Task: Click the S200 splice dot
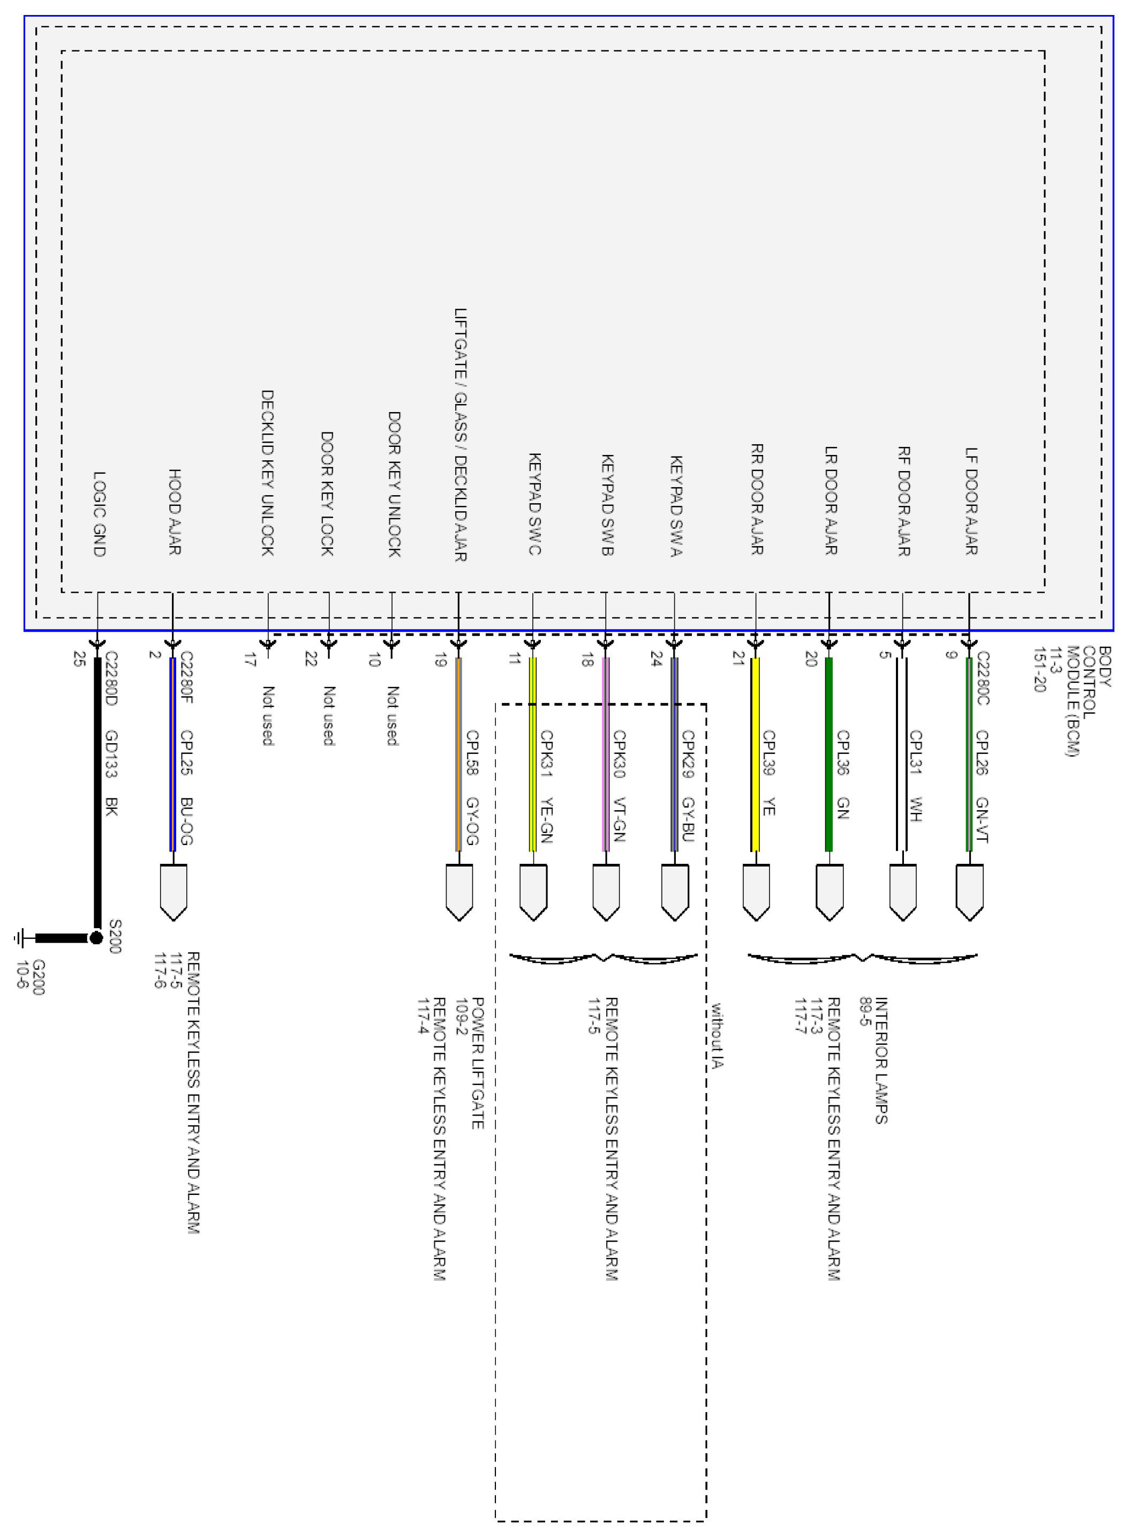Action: (x=96, y=938)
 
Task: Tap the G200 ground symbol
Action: (x=20, y=938)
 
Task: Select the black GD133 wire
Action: (x=97, y=788)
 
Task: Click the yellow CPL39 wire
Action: (x=755, y=753)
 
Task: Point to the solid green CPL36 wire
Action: (x=829, y=753)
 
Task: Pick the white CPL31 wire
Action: (x=902, y=753)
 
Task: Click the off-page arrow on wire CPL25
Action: (x=173, y=892)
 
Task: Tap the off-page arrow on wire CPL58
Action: (x=459, y=892)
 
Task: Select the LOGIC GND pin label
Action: (x=99, y=514)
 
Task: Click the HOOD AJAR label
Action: (x=175, y=512)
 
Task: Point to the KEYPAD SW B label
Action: (x=607, y=505)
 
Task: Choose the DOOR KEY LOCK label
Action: (x=327, y=493)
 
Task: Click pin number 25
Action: (x=79, y=659)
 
